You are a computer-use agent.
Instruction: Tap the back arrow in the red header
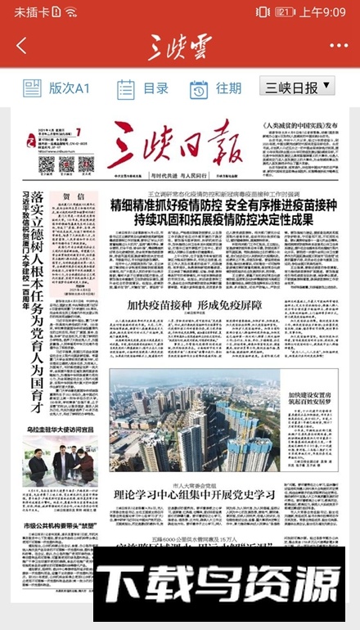click(x=21, y=47)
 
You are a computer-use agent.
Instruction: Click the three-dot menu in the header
click(x=338, y=47)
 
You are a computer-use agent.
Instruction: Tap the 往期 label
click(x=228, y=88)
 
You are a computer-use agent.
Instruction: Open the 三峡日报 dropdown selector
click(x=298, y=87)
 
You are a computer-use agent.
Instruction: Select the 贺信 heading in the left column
click(x=74, y=196)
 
